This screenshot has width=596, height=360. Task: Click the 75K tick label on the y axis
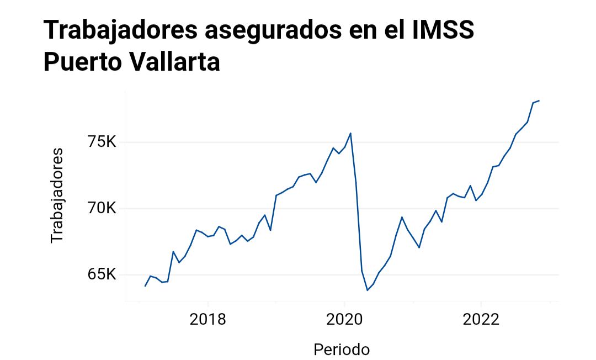point(103,142)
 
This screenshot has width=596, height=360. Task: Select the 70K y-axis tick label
point(103,209)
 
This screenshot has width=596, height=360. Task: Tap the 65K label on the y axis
point(103,274)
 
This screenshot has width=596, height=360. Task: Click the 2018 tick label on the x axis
point(207,319)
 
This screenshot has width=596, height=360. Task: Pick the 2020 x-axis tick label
point(344,319)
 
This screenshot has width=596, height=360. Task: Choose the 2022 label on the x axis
point(481,319)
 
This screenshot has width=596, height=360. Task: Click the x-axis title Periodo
point(342,349)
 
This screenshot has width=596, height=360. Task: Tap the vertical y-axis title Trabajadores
point(57,195)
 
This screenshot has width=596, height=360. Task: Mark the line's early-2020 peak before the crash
point(350,133)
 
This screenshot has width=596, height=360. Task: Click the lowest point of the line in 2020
point(368,290)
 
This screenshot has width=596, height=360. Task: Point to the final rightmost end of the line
point(539,100)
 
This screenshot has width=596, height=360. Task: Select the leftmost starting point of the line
point(145,286)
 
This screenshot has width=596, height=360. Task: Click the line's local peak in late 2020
point(402,217)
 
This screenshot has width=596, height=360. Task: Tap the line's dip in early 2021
point(419,247)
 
